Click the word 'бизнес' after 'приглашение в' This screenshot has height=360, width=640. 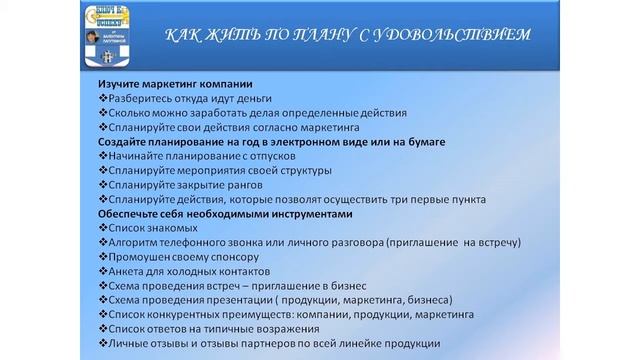tap(346, 286)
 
